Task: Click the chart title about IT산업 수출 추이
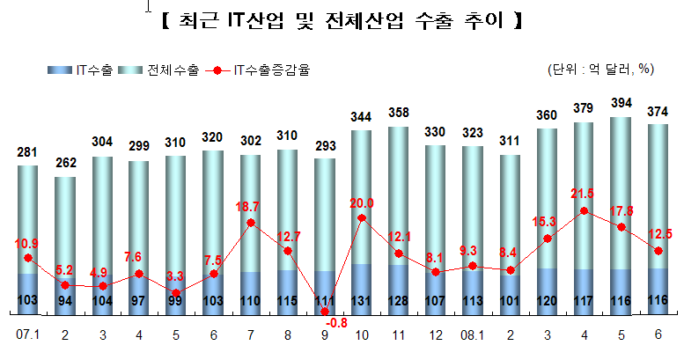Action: (342, 20)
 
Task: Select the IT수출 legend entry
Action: (80, 70)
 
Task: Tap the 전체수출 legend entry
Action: (158, 70)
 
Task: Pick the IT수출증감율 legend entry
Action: (257, 70)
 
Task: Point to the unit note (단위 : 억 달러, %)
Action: (600, 69)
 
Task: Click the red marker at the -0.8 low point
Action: (325, 312)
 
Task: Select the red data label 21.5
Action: (583, 194)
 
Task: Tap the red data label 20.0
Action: (362, 203)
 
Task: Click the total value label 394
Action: (621, 103)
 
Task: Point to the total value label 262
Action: (65, 163)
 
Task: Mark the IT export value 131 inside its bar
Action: (361, 301)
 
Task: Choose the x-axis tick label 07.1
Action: (27, 334)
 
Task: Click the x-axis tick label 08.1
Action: (473, 335)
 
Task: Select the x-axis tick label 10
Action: (362, 335)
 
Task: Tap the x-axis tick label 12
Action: (436, 335)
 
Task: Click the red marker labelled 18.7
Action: (251, 223)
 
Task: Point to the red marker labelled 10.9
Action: (28, 258)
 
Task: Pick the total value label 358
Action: (399, 113)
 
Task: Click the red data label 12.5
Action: (659, 234)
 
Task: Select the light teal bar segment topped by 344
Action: (361, 197)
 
